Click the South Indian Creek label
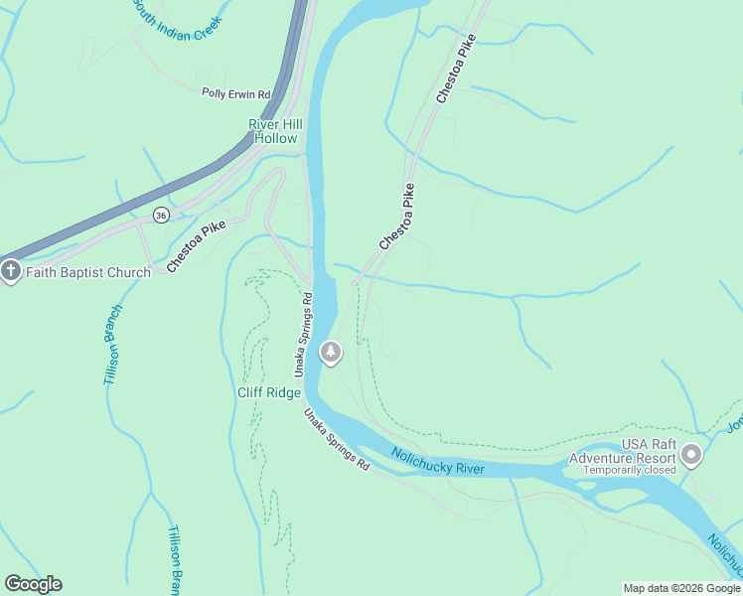(187, 19)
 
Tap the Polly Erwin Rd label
(236, 94)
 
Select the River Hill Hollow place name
(275, 131)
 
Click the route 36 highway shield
(161, 215)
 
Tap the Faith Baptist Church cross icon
(11, 271)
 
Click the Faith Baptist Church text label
(88, 272)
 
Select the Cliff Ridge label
(267, 391)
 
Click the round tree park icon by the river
(331, 352)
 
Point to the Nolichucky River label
(437, 461)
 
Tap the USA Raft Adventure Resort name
(622, 450)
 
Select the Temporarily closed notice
(630, 470)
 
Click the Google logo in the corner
(33, 584)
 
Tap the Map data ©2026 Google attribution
(681, 588)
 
